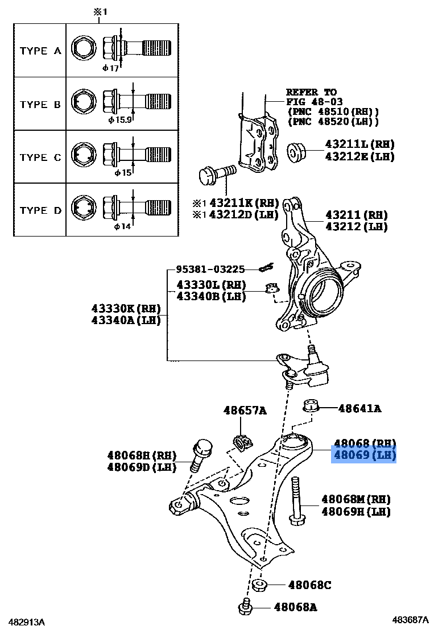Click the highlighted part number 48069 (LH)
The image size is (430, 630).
tap(364, 455)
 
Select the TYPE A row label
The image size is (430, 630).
tap(40, 51)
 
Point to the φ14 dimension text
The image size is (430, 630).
tap(122, 226)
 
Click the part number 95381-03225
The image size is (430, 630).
tap(210, 269)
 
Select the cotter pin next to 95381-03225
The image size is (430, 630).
tap(266, 268)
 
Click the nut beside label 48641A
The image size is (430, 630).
tap(310, 407)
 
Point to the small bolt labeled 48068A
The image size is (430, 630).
tap(246, 608)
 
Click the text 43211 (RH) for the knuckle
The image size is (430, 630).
tap(356, 215)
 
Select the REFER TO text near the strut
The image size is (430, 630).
tap(311, 92)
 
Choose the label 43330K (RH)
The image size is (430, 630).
tap(126, 309)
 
